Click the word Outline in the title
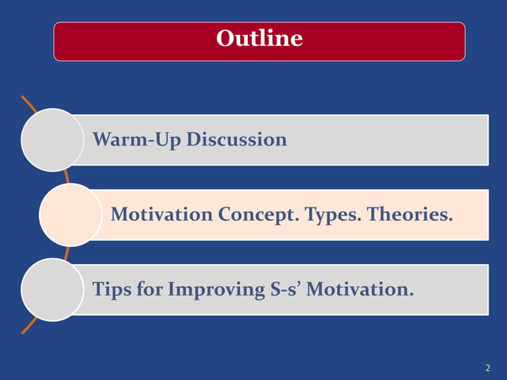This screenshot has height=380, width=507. (x=259, y=38)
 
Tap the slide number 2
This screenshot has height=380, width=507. (x=487, y=368)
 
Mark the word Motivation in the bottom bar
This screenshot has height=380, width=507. (x=359, y=289)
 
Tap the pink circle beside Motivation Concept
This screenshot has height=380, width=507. (x=71, y=215)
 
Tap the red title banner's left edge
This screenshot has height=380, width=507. (x=55, y=41)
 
